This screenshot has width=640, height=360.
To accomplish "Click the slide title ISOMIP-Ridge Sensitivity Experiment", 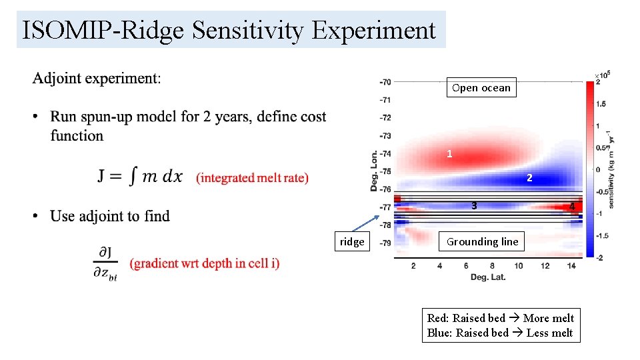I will (229, 31).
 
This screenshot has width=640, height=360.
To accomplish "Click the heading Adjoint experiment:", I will (96, 78).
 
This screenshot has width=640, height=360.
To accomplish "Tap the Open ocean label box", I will (481, 88).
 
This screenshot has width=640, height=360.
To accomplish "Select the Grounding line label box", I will (481, 242).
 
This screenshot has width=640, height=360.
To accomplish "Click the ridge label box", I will (351, 242).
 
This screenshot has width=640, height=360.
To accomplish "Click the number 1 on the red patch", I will (449, 154).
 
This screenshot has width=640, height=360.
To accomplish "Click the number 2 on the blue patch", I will (529, 178).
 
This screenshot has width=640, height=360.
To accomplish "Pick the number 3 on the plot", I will (473, 205).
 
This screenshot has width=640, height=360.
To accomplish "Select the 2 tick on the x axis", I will (413, 266).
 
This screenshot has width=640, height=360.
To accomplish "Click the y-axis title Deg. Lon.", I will (375, 167).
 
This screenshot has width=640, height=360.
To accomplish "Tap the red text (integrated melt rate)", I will (252, 177).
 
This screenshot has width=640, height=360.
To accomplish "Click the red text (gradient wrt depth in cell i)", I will (205, 263).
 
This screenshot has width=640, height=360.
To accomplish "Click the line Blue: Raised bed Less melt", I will (499, 333).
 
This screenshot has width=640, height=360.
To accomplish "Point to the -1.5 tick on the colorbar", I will (601, 235).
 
